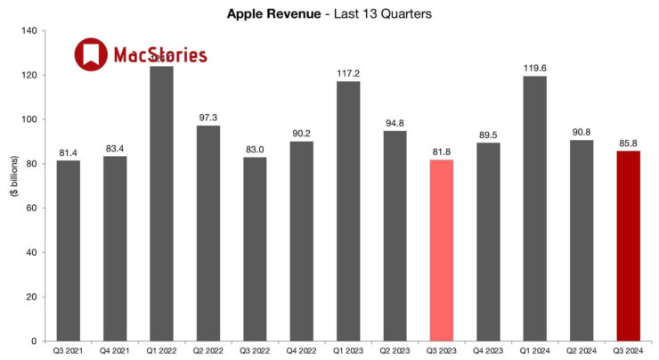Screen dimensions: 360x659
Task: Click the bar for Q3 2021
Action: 68,250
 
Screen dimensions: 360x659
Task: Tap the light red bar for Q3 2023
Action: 441,250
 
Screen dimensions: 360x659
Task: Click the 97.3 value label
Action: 207,118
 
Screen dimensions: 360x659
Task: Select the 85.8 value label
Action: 628,143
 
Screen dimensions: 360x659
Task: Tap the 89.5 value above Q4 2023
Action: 487,135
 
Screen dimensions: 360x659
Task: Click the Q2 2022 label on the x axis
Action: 207,352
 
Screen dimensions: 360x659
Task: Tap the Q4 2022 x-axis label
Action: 301,352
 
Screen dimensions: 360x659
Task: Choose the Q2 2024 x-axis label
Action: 581,352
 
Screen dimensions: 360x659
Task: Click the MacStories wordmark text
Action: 160,56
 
